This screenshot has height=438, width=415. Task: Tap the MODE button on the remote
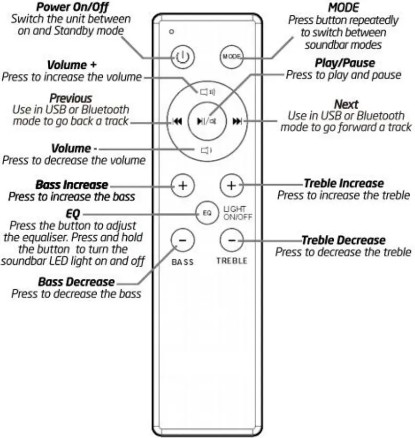231,57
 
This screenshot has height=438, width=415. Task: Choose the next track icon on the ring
237,122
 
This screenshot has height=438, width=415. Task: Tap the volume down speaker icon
206,151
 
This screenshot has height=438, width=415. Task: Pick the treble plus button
231,185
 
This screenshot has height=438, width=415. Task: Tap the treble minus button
231,239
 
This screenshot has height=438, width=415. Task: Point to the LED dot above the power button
171,33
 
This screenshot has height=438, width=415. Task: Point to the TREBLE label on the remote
231,261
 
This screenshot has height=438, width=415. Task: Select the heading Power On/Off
72,8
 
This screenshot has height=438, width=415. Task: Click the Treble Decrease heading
343,240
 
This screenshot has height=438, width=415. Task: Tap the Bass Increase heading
72,185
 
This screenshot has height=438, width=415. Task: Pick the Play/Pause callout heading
344,63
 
